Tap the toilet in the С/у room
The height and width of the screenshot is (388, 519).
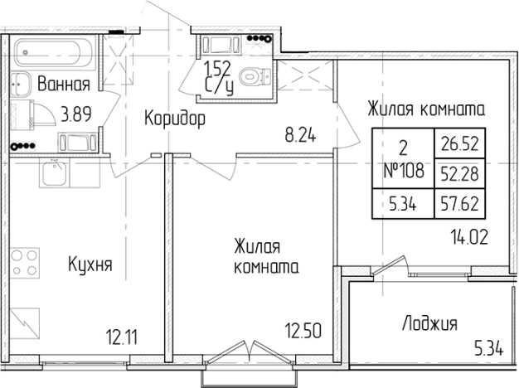click(x=259, y=76)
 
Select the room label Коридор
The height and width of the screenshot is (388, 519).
click(x=174, y=119)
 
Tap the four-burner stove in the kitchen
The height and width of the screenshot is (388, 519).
click(x=26, y=260)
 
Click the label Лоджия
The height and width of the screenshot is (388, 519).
click(x=429, y=323)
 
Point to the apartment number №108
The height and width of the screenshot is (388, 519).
click(x=404, y=172)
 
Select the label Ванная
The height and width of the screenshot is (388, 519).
click(x=64, y=83)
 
